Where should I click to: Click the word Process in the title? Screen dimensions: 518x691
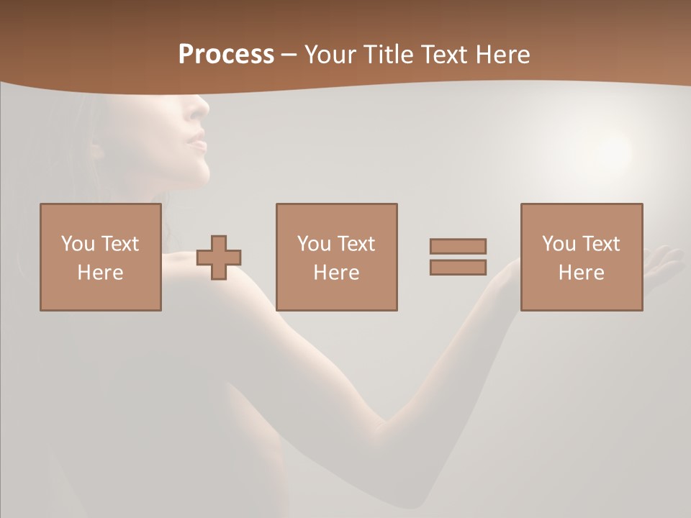click(x=226, y=55)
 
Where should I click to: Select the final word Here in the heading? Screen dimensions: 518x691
click(x=502, y=55)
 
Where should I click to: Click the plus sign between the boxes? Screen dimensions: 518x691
click(x=219, y=257)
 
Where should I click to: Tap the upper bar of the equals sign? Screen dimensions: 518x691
click(x=458, y=246)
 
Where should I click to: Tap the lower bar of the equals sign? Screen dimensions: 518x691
click(x=458, y=267)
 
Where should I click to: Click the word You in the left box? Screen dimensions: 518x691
click(x=77, y=243)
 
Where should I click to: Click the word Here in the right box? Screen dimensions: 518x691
click(x=582, y=273)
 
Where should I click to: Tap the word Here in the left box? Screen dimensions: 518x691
click(x=101, y=273)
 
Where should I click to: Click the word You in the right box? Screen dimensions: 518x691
click(x=558, y=244)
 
